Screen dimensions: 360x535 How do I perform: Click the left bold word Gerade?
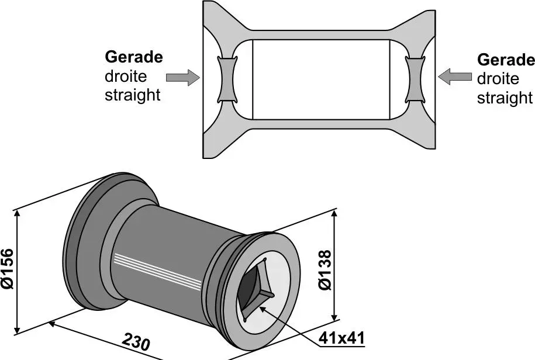133,57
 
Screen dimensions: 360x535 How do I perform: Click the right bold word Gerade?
506,60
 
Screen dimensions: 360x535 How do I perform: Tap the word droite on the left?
126,77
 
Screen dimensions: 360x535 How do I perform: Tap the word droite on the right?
498,79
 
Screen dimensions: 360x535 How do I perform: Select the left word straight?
132,95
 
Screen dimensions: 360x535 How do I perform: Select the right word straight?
505,98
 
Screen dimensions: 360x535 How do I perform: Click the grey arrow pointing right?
182,78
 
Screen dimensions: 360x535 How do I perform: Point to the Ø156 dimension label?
8,268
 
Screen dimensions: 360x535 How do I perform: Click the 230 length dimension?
136,341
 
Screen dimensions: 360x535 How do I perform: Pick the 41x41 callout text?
342,338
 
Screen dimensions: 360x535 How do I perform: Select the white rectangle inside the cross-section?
320,78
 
